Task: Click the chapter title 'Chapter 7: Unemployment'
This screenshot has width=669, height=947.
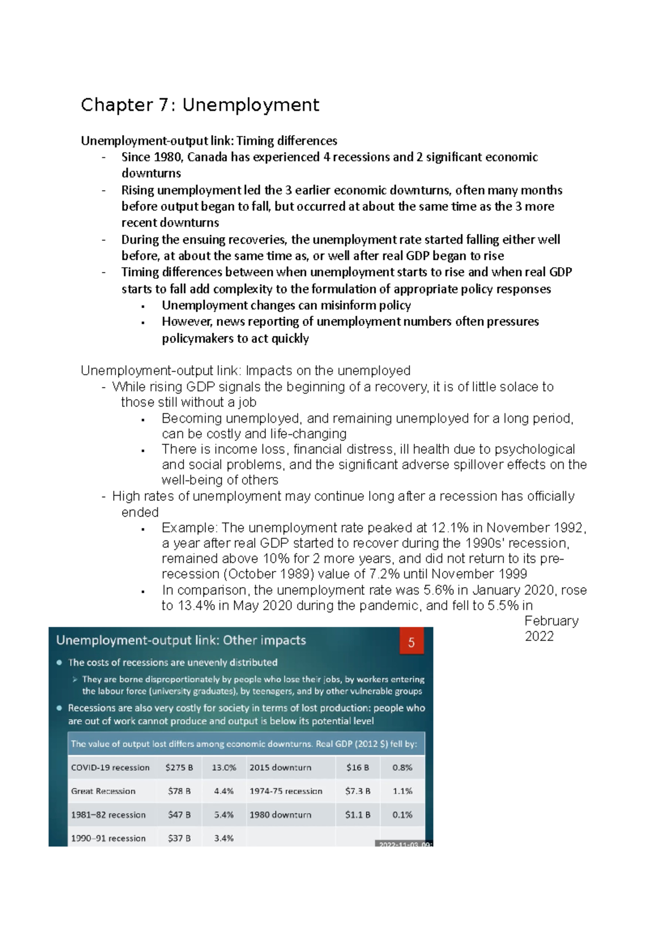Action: [x=200, y=105]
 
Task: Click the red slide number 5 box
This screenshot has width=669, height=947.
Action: [x=411, y=642]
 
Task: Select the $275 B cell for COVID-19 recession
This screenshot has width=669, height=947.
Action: [x=179, y=767]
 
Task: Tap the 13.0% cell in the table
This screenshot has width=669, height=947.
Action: [x=224, y=767]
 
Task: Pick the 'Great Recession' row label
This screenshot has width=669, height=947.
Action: [x=103, y=791]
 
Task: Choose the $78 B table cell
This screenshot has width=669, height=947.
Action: [x=179, y=791]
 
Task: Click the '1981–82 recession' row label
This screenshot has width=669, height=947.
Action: [x=108, y=815]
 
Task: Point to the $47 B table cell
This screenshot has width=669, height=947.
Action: [x=179, y=815]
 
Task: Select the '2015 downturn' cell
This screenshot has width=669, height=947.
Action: [x=280, y=767]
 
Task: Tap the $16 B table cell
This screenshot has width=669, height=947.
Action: [x=357, y=767]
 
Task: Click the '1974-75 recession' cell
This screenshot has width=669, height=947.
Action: [x=285, y=791]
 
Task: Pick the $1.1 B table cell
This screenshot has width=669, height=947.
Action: [x=357, y=815]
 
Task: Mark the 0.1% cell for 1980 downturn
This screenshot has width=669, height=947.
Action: [x=402, y=815]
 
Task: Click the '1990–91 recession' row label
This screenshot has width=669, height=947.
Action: [x=108, y=838]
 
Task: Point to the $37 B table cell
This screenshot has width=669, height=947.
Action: [x=179, y=838]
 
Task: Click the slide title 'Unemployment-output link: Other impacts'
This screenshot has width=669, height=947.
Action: [x=181, y=640]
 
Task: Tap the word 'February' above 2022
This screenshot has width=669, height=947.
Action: [x=551, y=621]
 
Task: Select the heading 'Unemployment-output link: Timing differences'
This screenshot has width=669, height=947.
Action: [x=209, y=141]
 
